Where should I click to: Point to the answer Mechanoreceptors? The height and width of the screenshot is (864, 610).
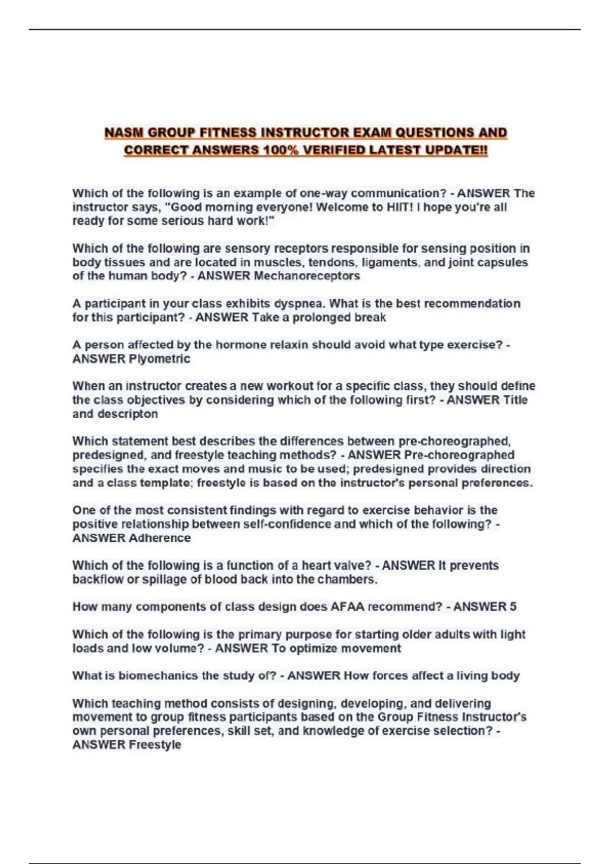(307, 276)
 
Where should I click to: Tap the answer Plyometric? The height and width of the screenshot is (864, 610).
(160, 359)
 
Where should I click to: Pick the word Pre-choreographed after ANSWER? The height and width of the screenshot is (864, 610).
(459, 455)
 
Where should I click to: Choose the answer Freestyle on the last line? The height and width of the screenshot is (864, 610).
(155, 745)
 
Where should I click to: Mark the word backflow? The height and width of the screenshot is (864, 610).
(98, 579)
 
